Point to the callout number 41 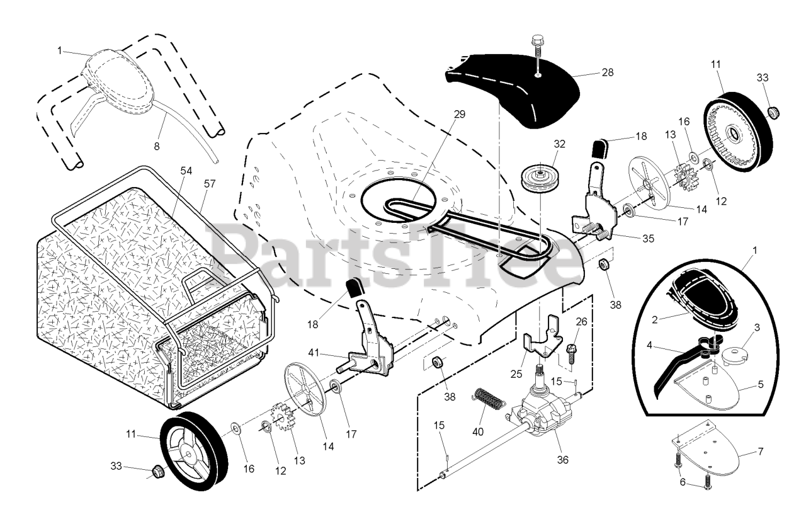tap(315, 352)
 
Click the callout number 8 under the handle tap(157, 145)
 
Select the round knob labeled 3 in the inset tap(730, 354)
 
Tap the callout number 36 tap(563, 460)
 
